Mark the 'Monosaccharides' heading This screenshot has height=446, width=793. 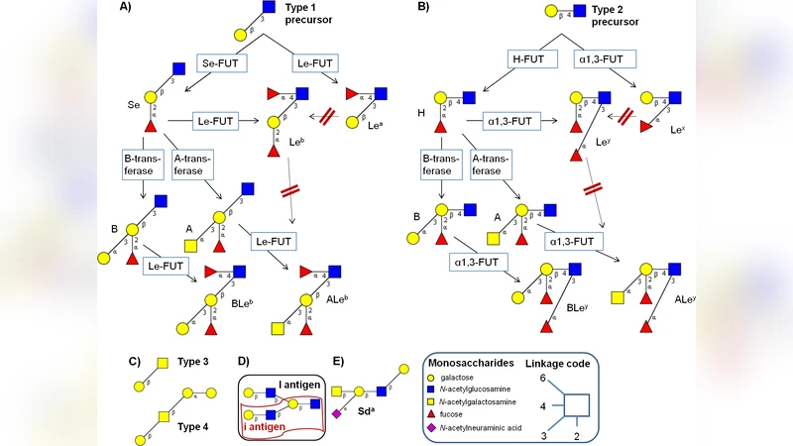[482, 364]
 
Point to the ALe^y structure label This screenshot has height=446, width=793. [683, 299]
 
